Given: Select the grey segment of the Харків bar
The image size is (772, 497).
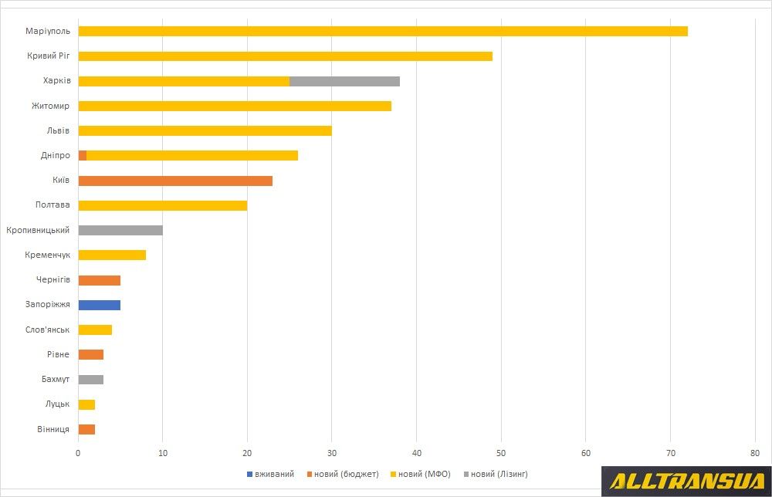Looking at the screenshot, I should tap(344, 81).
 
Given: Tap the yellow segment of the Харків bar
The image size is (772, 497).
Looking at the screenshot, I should tap(184, 81).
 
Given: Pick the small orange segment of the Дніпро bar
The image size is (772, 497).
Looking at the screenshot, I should tap(83, 155).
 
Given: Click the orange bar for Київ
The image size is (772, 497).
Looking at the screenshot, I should tap(175, 181).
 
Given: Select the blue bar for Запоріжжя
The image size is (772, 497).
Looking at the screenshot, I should tap(100, 305).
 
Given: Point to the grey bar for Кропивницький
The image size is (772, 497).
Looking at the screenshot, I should tap(120, 230).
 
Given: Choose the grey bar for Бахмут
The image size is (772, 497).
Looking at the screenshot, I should tap(91, 380).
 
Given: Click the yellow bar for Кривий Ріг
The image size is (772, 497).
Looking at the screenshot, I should tap(286, 56).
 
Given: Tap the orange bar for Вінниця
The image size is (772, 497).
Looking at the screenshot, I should tap(86, 429).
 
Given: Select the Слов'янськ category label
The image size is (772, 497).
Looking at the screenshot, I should tap(48, 330).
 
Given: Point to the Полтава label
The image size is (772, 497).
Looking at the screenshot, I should tap(52, 205).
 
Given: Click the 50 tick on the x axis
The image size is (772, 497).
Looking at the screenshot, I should tap(501, 452).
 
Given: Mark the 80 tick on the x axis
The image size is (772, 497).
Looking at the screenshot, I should tap(755, 452).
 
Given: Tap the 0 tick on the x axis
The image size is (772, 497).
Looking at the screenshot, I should tap(78, 452).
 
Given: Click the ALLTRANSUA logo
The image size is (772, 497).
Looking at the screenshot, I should tap(686, 482).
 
